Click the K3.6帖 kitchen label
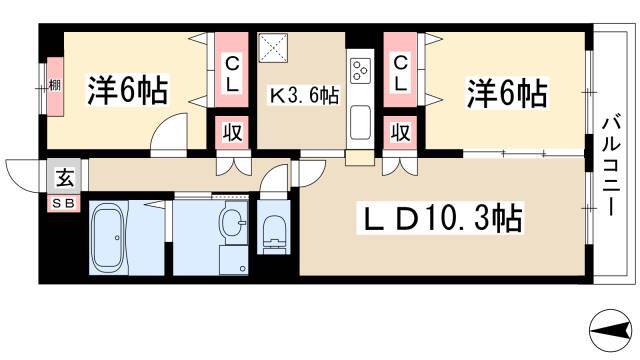point(302,97)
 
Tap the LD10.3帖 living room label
point(436,218)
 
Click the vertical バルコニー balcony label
point(610,165)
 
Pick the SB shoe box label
point(64,201)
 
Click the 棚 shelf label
point(55,85)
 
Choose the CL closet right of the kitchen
point(400,72)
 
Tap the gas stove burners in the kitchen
point(360,72)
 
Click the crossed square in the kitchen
point(273,47)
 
